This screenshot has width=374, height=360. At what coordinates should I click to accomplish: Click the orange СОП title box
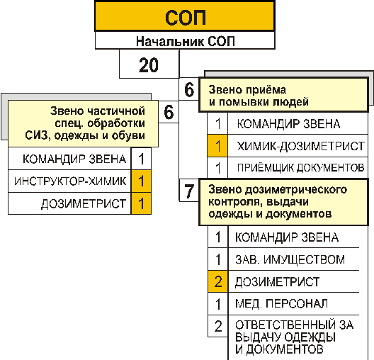click(185, 16)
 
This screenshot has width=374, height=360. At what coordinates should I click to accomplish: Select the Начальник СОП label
click(186, 41)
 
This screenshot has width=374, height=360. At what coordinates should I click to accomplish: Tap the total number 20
click(148, 65)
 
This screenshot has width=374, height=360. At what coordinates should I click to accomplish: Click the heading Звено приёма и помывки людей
click(259, 96)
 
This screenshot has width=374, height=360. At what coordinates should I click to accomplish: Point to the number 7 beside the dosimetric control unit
click(189, 191)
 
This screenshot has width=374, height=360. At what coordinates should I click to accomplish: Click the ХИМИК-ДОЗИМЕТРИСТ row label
click(301, 146)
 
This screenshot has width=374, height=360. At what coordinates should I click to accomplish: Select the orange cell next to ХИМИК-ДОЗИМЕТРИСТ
click(217, 146)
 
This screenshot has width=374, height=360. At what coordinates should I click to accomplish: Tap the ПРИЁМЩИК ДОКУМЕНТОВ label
click(300, 168)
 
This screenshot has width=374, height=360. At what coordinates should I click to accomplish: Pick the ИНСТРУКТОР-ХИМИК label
click(70, 181)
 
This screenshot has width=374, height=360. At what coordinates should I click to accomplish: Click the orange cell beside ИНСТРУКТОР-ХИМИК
click(141, 181)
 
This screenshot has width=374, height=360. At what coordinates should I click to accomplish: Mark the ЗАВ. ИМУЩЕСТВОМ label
click(290, 259)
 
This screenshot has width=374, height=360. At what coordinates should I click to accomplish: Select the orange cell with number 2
click(218, 281)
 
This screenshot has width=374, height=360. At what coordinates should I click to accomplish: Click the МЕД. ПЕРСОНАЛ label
click(281, 304)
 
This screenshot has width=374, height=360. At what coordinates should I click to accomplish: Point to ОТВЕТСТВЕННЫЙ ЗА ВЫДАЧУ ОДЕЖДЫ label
click(295, 337)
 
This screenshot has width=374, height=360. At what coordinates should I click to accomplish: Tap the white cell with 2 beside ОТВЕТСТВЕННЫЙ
click(218, 326)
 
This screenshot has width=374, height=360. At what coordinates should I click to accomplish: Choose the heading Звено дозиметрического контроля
click(278, 201)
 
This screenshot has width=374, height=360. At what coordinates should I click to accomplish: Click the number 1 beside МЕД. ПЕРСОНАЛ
click(218, 304)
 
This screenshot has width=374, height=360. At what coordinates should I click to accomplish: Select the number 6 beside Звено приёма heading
click(189, 90)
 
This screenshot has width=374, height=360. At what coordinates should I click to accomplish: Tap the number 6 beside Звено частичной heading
click(169, 112)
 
